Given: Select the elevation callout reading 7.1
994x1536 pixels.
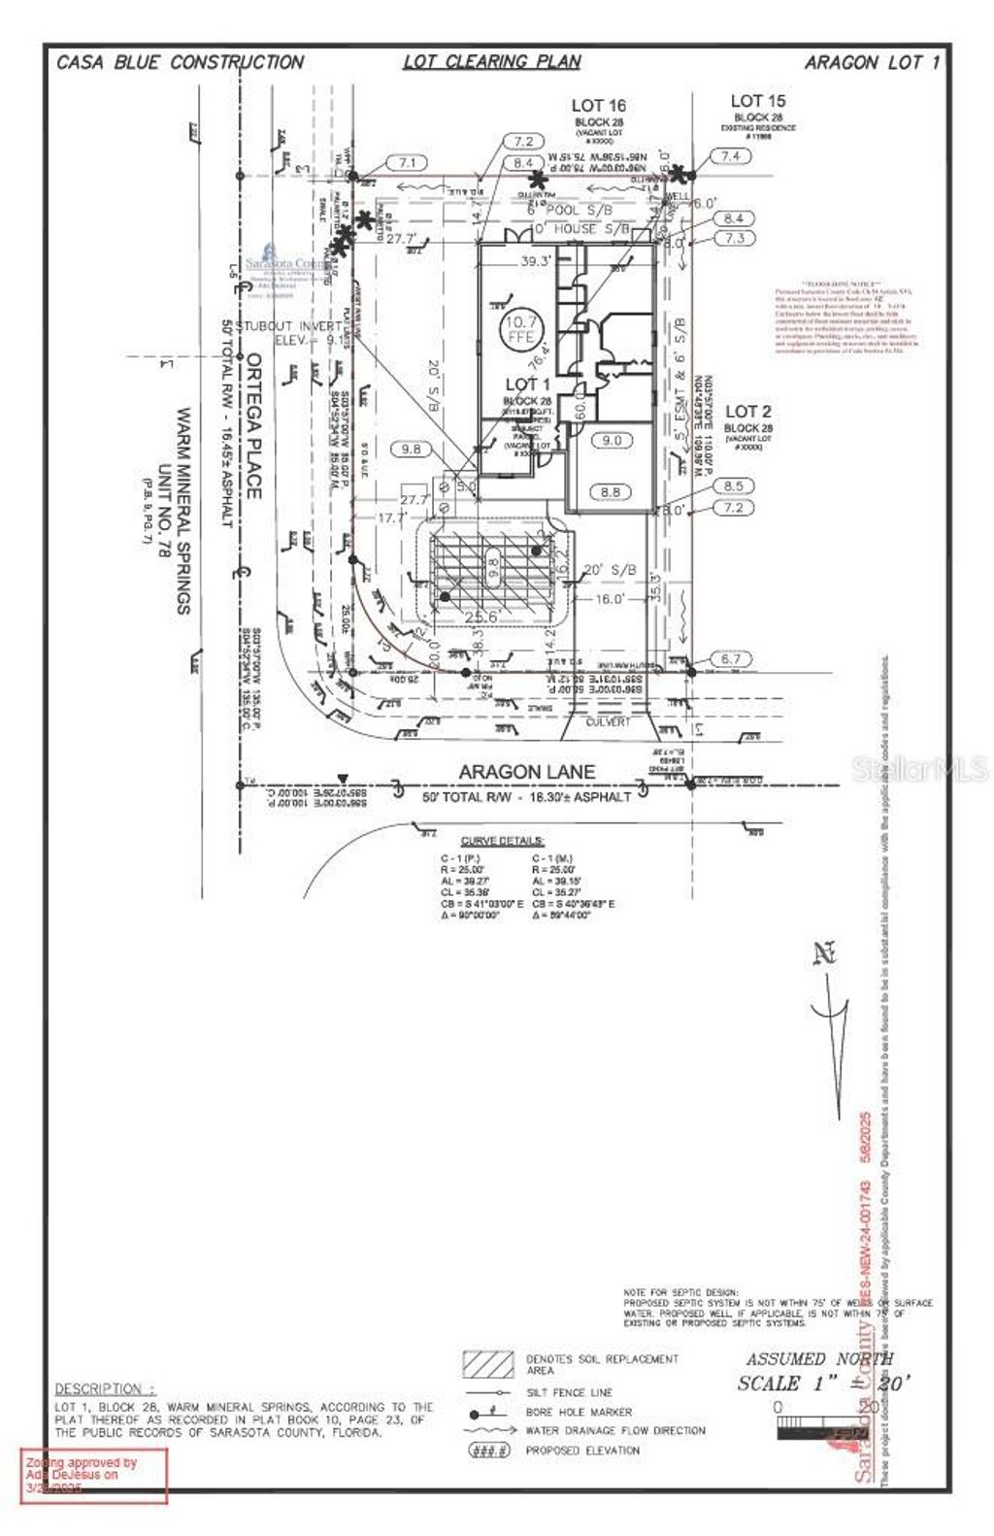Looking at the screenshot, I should [408, 163].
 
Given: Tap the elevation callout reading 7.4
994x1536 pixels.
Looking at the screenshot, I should [731, 155].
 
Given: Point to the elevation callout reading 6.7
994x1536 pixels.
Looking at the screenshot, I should [731, 659].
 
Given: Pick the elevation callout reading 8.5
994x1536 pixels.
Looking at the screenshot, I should [733, 485].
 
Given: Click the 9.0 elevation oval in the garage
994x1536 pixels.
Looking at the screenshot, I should [612, 441].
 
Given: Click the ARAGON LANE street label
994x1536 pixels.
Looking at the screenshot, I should [527, 772].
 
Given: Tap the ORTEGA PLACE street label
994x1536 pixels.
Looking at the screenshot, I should [253, 425].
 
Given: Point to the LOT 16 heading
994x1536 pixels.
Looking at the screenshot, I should [598, 106].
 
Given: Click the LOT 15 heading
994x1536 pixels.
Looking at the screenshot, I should [757, 101].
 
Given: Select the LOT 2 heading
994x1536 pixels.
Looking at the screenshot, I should [746, 412].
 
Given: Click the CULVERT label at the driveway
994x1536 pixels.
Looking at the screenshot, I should [608, 723].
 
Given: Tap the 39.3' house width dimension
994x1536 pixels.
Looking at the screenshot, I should [536, 260].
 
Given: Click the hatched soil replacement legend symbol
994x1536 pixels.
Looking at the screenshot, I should [488, 1365].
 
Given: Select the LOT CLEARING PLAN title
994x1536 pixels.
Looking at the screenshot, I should [492, 62].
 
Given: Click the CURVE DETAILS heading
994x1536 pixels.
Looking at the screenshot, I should [502, 841].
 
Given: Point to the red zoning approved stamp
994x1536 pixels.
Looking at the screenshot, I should [94, 1475].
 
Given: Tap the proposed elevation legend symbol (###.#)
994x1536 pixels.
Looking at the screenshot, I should [488, 1450].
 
